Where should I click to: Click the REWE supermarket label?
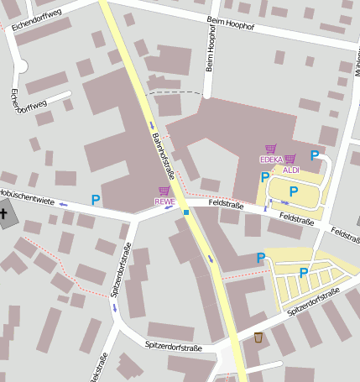164,201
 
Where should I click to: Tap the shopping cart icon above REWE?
164,191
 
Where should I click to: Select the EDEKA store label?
271,160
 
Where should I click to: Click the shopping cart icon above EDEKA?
270,149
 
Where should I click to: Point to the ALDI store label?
291,170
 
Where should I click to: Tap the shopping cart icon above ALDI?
290,160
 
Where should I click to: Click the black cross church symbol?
3,214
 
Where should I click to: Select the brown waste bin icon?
258,337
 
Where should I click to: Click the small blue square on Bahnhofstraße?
186,212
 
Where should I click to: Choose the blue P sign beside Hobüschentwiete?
96,200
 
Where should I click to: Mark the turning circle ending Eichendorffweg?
21,66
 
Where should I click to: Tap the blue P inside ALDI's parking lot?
293,191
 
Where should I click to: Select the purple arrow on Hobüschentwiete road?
63,204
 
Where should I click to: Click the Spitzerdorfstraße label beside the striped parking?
312,301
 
